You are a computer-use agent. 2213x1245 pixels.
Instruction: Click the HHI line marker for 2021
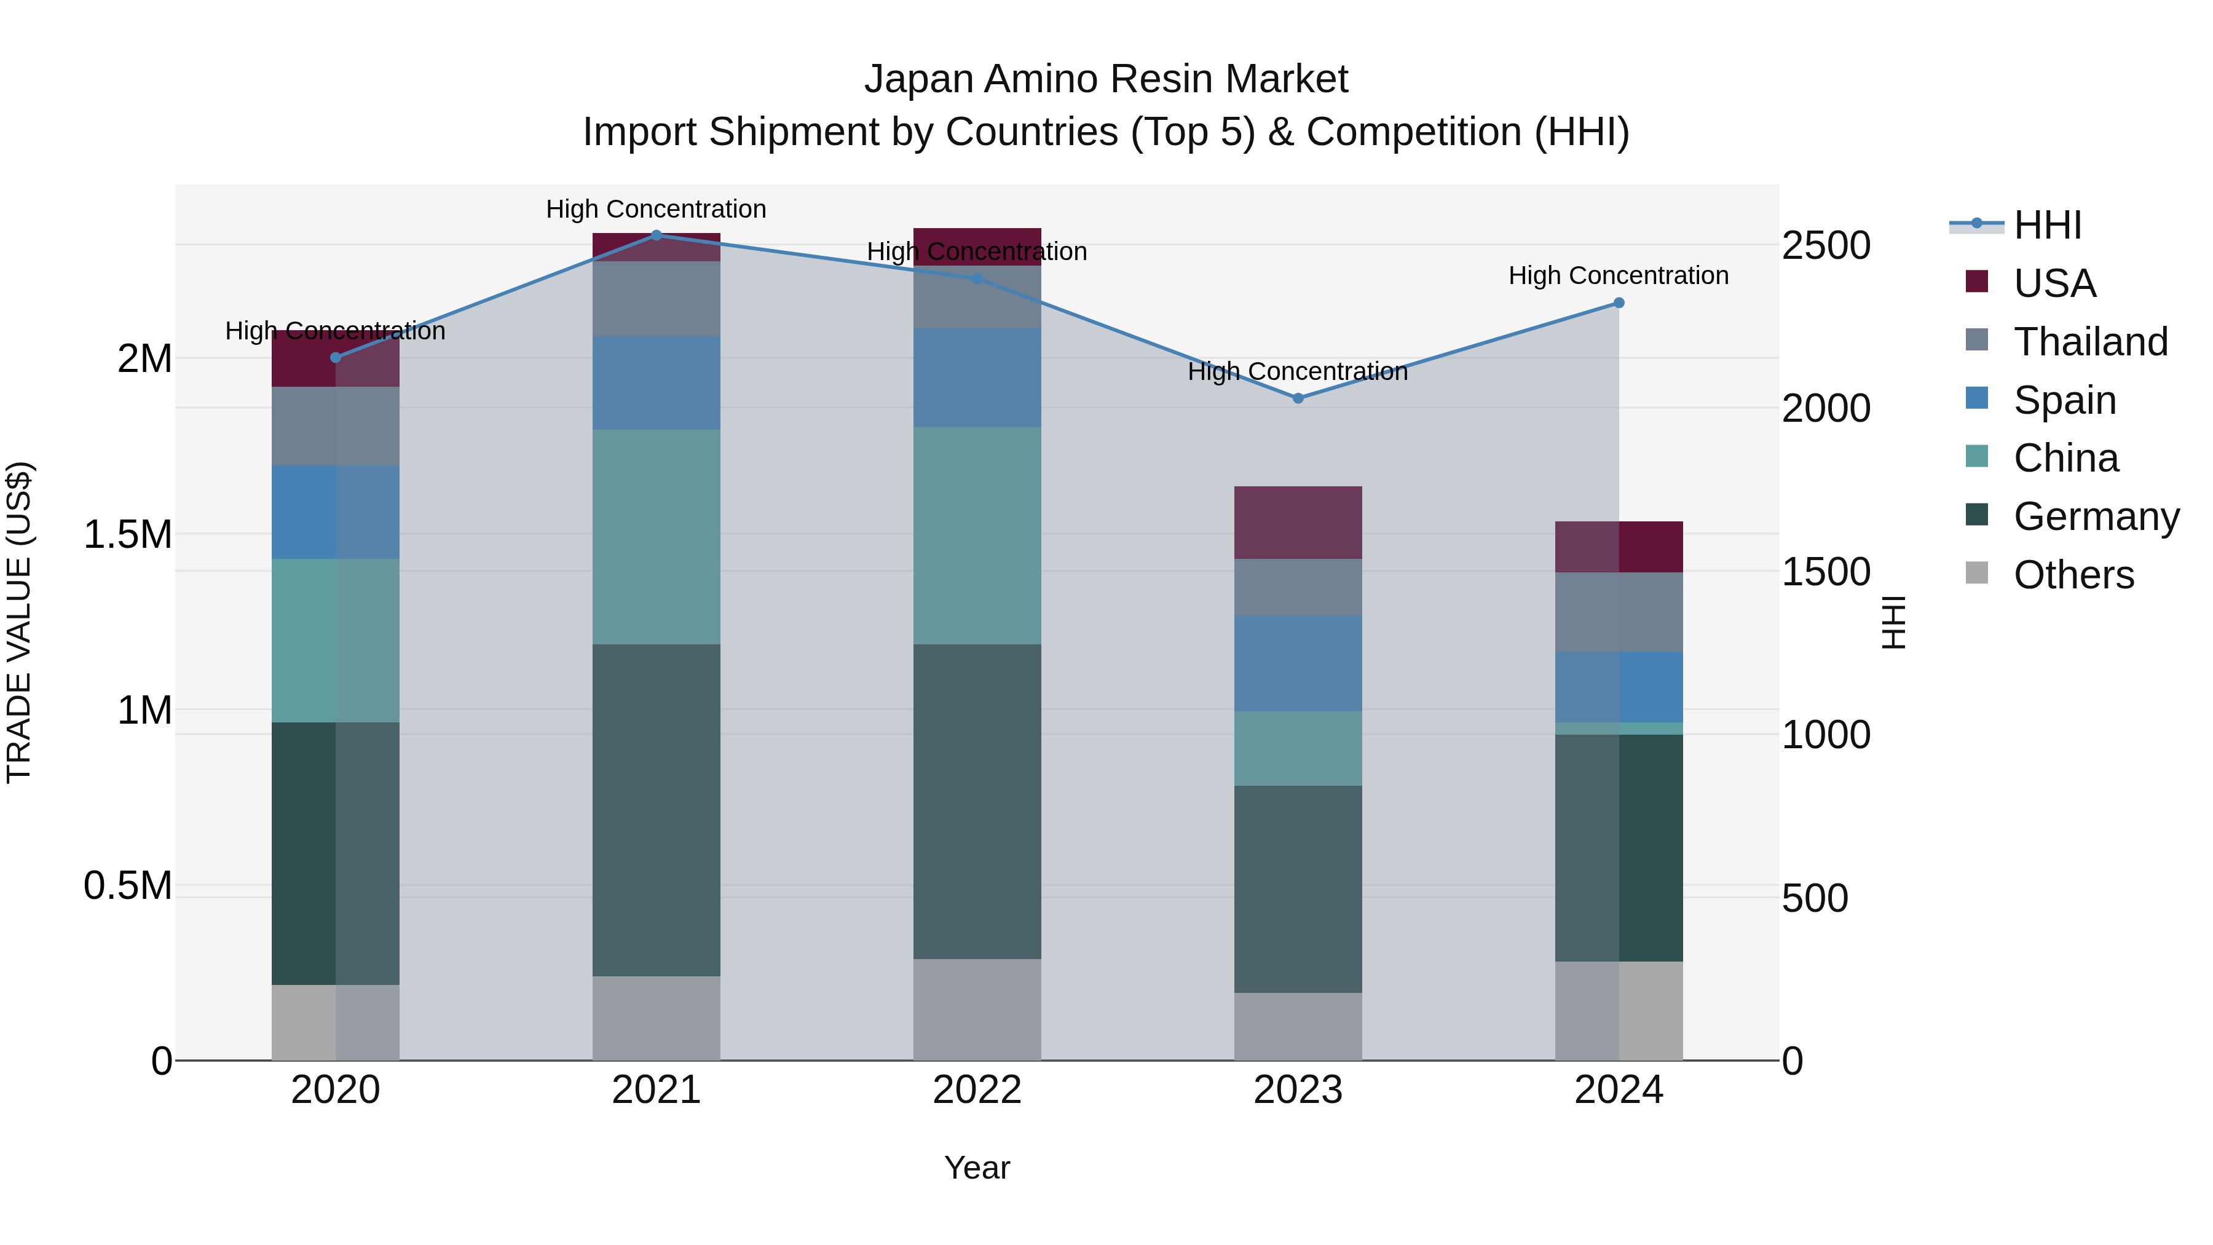657,235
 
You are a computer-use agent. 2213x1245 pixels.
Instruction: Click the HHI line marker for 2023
1298,398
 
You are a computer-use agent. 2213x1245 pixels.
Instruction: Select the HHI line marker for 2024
1619,302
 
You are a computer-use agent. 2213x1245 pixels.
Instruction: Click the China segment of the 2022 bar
977,536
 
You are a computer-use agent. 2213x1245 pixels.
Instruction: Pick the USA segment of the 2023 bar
1298,523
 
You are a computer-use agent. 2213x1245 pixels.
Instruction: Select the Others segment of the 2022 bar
977,1009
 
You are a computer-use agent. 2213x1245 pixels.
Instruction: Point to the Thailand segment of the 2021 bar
657,298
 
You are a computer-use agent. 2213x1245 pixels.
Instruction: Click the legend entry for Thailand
2089,341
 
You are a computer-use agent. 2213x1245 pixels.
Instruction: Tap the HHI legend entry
2046,225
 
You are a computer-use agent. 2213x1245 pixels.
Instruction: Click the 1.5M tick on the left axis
127,534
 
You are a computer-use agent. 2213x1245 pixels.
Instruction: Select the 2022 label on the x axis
977,1089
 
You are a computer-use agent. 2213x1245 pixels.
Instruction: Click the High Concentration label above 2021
657,209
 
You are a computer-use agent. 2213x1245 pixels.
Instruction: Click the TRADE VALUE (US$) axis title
19,622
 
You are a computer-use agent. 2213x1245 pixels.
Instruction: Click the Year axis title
977,1168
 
